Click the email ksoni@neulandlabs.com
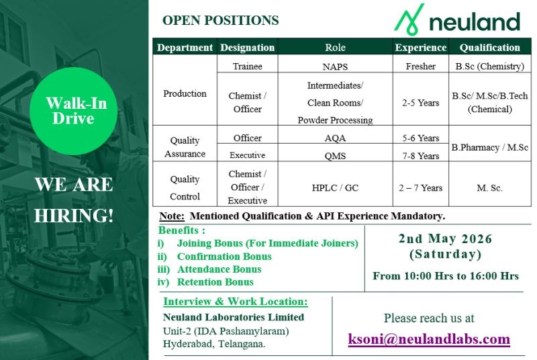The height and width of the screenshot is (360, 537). click(x=429, y=339)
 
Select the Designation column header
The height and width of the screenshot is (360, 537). click(x=247, y=48)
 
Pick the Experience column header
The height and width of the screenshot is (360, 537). click(x=421, y=48)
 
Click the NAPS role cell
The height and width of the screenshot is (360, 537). click(x=335, y=66)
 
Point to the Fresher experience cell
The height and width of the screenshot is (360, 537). click(x=421, y=66)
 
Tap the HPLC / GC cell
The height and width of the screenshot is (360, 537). click(x=335, y=188)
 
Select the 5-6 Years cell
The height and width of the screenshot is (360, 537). click(x=421, y=138)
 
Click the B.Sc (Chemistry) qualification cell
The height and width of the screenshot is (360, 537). click(x=489, y=66)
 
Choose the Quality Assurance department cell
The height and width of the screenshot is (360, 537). click(x=185, y=147)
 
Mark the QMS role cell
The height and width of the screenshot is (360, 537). click(x=335, y=156)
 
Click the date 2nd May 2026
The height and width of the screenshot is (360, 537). click(x=445, y=239)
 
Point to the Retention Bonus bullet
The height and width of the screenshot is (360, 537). click(x=215, y=282)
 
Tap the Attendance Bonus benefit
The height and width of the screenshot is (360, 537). click(x=219, y=269)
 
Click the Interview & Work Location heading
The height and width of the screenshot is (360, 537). click(x=236, y=302)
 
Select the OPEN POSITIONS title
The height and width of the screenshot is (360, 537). click(x=220, y=20)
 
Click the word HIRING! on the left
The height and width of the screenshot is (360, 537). click(x=74, y=216)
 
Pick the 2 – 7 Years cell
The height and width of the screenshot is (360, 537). click(x=421, y=188)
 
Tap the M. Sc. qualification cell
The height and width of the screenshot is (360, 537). click(x=489, y=188)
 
